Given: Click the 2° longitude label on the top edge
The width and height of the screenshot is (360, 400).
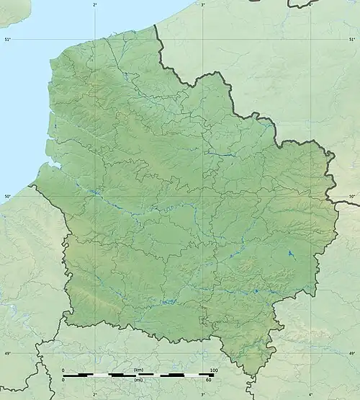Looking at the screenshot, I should coord(95,4).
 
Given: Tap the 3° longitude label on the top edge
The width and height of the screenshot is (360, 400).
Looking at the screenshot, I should coord(202,4).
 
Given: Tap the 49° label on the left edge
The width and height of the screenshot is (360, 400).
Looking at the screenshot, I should coord(6,353).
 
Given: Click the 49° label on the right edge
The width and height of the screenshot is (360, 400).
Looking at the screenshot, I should coord(352,353).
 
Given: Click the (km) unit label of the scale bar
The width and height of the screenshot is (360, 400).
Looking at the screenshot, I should coord(138,370).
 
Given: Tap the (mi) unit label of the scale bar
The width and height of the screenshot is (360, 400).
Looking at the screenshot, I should coord(138,381).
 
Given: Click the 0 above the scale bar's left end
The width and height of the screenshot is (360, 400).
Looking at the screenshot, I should coord(63,370).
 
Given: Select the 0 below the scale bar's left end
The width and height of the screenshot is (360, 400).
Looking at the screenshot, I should coord(63,381).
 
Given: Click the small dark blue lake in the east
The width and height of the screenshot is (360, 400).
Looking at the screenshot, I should coord(290,254).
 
